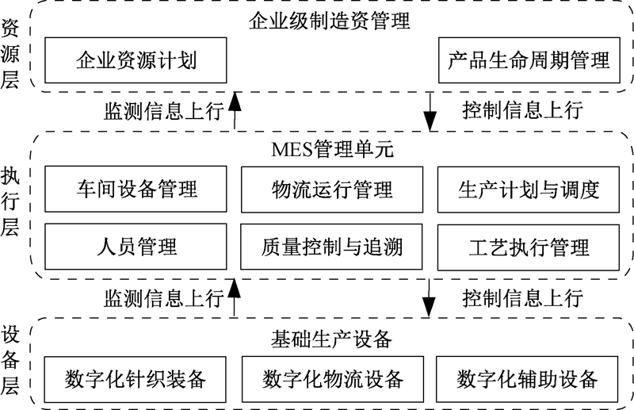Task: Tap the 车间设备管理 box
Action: (x=136, y=189)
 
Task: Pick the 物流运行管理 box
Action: (x=332, y=189)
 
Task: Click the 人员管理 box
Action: (x=136, y=247)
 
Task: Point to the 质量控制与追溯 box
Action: (x=332, y=247)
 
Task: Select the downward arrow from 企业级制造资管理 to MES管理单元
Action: (x=430, y=110)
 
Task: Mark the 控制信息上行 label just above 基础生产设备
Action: (x=522, y=298)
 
